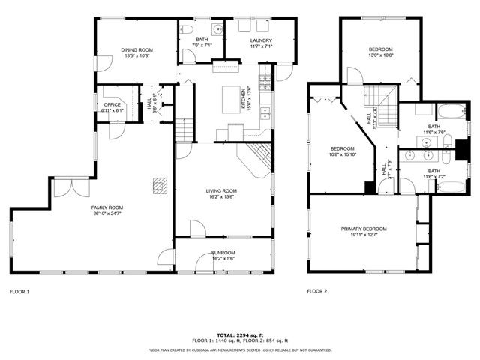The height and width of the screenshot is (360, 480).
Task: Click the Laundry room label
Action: [261, 40]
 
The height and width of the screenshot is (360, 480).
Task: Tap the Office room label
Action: [112, 104]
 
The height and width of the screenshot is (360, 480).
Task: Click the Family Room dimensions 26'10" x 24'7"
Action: [107, 214]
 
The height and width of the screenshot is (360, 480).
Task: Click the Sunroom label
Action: [223, 253]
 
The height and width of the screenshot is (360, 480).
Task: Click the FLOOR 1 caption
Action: [19, 291]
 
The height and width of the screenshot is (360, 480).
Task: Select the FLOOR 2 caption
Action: [317, 291]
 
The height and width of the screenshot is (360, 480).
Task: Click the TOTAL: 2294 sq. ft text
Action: [239, 334]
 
